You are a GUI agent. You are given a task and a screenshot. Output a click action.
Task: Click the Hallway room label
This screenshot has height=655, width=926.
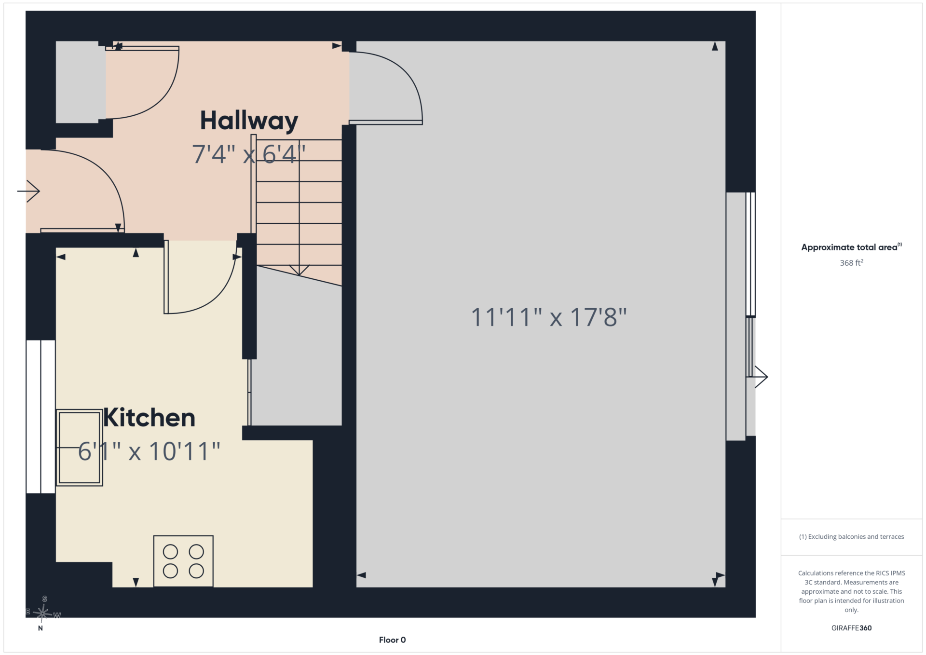[249, 121]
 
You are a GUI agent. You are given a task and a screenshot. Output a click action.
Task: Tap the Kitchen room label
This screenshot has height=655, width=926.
[149, 418]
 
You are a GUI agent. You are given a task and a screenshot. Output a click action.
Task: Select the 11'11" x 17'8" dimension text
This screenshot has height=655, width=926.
[548, 317]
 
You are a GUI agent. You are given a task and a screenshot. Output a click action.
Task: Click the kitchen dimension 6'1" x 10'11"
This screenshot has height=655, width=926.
[149, 451]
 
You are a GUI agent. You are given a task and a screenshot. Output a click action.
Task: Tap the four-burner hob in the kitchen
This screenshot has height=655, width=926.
[183, 561]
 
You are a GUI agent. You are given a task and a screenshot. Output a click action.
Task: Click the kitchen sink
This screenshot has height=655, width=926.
[79, 447]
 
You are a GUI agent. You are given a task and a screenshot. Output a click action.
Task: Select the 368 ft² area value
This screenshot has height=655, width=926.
[851, 263]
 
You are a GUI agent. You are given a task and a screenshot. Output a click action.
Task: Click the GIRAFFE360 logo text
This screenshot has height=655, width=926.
[851, 628]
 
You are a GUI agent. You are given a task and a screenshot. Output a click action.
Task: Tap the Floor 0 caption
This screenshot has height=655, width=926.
[392, 640]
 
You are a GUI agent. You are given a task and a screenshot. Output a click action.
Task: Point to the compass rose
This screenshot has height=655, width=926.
[42, 613]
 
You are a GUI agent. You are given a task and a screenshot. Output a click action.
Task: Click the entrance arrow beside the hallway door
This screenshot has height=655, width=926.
[28, 191]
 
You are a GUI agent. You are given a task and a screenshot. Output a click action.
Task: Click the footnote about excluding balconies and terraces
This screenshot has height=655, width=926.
[851, 537]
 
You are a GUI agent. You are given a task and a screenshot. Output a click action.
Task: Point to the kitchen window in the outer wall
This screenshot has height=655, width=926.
[41, 417]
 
